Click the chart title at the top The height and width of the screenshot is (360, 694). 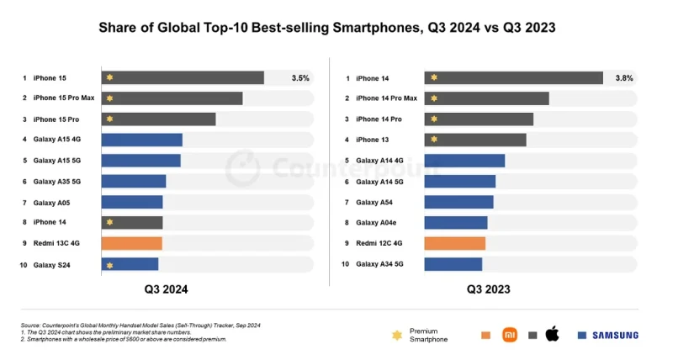(327, 28)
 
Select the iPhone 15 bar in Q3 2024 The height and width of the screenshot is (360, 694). (183, 77)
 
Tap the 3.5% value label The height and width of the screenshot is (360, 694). (300, 77)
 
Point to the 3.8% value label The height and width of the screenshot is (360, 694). (624, 77)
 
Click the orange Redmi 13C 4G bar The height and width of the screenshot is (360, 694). (132, 243)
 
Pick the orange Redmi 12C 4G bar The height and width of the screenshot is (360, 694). (455, 243)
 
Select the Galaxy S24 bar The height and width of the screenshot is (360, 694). (130, 264)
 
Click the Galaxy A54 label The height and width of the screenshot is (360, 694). (374, 202)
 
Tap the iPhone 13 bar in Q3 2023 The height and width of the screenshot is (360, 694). (475, 140)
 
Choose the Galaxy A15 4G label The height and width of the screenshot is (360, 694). (57, 140)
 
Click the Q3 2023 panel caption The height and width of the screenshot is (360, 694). (489, 289)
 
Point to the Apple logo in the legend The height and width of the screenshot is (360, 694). (552, 334)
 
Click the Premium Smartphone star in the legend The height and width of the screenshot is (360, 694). (397, 335)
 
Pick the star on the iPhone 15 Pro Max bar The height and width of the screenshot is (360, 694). (109, 98)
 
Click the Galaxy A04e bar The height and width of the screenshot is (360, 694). (456, 223)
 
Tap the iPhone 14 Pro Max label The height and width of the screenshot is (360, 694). (386, 98)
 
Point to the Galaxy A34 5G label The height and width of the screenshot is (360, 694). (379, 264)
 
